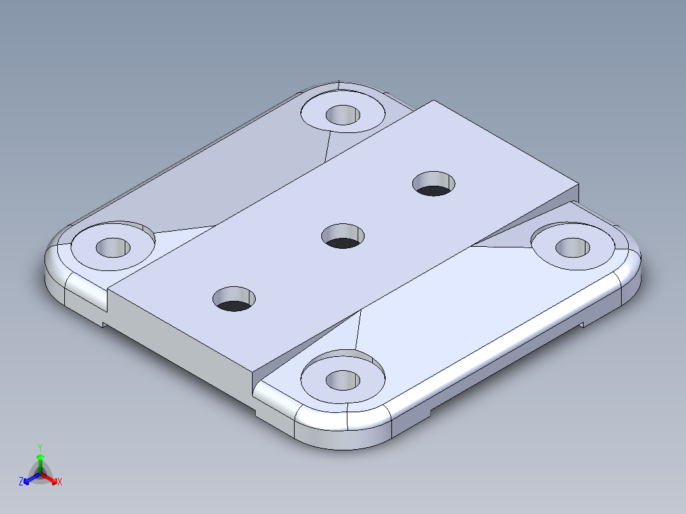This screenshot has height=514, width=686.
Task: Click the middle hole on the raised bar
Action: point(343,236)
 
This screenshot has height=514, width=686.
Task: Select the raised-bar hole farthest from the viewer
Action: point(435,183)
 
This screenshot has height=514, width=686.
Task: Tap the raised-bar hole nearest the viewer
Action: point(234,298)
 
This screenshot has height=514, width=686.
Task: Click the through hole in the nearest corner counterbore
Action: point(343,380)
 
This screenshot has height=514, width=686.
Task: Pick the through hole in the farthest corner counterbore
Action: point(343,115)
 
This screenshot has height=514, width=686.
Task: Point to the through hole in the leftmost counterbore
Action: point(113,247)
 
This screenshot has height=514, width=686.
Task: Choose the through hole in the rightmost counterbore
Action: point(573,247)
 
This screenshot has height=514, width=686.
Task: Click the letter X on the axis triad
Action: point(60,482)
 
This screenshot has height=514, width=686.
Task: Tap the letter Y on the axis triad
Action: point(39,447)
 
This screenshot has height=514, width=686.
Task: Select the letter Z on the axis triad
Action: point(21,482)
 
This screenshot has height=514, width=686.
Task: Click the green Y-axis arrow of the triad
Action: point(39,461)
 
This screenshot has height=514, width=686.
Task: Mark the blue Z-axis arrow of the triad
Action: point(29,479)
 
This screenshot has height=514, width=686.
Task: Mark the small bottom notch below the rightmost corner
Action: point(580,326)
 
